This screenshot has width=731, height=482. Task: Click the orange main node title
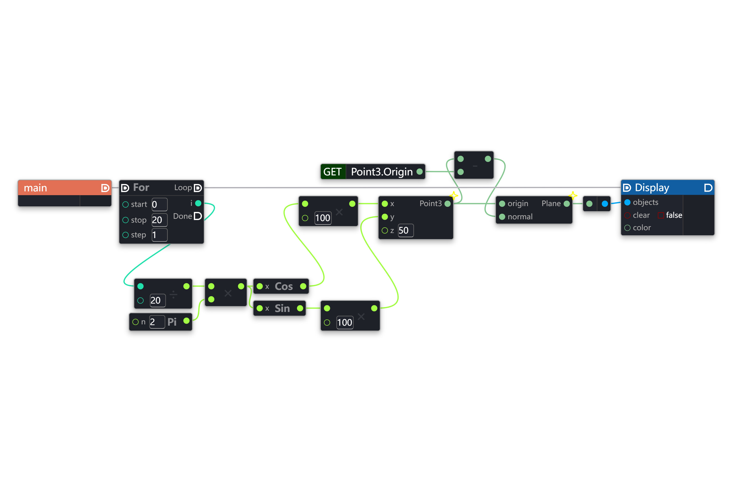click(35, 188)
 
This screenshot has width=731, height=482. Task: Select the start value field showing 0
click(159, 204)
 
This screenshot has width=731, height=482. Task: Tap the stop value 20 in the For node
click(159, 220)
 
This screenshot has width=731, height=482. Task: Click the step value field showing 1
click(159, 235)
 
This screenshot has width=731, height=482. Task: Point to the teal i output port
click(198, 203)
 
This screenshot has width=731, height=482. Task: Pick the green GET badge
click(333, 172)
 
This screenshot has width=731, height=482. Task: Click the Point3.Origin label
click(381, 172)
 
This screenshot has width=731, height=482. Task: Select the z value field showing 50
click(405, 230)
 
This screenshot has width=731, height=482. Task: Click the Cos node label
click(284, 286)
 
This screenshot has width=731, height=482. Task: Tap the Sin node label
click(282, 308)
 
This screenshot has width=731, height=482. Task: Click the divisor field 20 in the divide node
click(157, 300)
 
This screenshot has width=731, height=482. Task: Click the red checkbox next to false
click(661, 215)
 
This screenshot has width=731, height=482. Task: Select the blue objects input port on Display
click(627, 202)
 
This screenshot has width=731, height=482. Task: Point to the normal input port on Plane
click(502, 217)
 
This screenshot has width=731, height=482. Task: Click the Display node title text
click(652, 188)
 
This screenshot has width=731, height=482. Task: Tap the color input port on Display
click(627, 228)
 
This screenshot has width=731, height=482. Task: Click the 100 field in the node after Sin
click(345, 322)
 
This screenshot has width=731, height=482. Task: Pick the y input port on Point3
click(385, 217)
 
